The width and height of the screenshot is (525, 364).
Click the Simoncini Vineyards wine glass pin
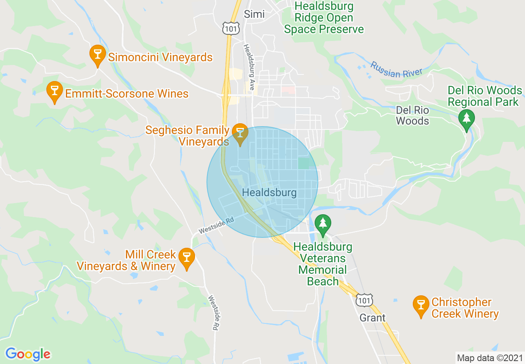click(97, 55)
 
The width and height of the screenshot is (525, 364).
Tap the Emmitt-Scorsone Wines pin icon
click(54, 92)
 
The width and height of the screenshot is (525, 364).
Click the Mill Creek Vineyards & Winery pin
click(187, 259)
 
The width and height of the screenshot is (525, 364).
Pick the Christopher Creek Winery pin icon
click(421, 306)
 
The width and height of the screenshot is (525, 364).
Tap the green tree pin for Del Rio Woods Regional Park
click(467, 119)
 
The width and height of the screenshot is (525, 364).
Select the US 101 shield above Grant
click(365, 299)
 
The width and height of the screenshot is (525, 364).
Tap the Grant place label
click(372, 318)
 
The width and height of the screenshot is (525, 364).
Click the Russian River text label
click(396, 70)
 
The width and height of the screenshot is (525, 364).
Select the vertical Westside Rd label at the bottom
click(213, 312)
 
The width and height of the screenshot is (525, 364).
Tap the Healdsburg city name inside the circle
click(269, 193)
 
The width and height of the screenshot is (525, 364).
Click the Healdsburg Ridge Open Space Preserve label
click(324, 18)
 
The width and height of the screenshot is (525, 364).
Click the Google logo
click(28, 354)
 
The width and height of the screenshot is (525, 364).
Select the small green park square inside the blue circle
click(303, 163)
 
